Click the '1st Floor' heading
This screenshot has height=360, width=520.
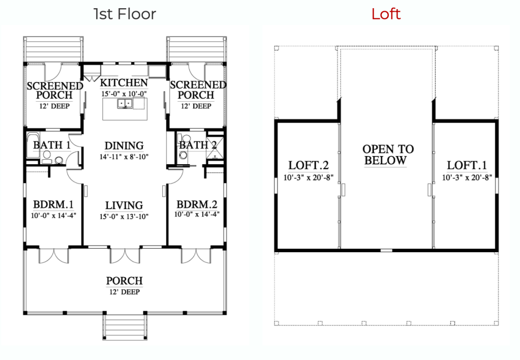[x=125, y=14]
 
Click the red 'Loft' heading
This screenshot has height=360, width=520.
[x=386, y=14]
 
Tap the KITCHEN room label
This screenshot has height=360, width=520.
[x=124, y=82]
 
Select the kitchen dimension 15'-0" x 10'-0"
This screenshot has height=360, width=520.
[x=124, y=94]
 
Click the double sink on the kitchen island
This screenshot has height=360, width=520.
[x=125, y=104]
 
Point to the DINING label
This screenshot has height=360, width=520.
[x=124, y=145]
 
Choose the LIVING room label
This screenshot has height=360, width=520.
[x=124, y=206]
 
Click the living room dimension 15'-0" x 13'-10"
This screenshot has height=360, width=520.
[x=124, y=217]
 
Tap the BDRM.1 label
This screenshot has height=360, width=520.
[x=53, y=204]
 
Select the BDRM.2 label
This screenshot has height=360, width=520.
[x=197, y=204]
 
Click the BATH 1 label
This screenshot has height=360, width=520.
[x=52, y=145]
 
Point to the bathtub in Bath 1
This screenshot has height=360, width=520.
[x=33, y=145]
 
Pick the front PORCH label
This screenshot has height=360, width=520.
[x=125, y=281]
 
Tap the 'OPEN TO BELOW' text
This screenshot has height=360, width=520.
[x=387, y=155]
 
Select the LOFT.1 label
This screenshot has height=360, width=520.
[x=467, y=165]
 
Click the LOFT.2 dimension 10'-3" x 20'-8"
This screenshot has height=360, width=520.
[x=309, y=178]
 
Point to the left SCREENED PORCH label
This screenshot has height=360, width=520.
[x=55, y=91]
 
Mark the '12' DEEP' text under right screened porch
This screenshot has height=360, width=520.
[x=196, y=106]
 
